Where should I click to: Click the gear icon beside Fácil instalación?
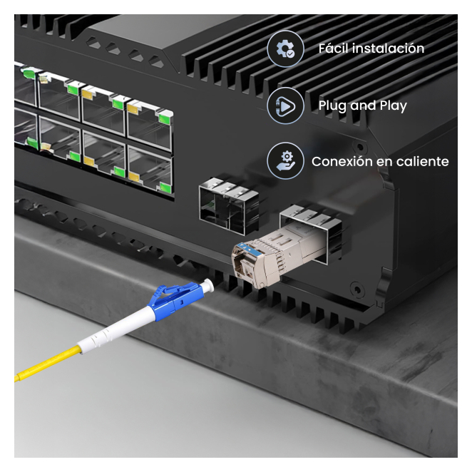[x=285, y=48]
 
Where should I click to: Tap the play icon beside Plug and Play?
[x=285, y=106]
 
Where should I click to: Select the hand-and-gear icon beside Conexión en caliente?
[x=285, y=161]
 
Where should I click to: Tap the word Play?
[x=393, y=106]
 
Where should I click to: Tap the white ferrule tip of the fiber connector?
[x=207, y=284]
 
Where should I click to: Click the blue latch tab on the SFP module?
[x=245, y=249]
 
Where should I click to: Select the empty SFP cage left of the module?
[x=229, y=205]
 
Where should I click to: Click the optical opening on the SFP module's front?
[x=243, y=265]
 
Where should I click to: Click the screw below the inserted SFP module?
[x=357, y=289]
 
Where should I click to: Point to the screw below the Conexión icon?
[x=360, y=148]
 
